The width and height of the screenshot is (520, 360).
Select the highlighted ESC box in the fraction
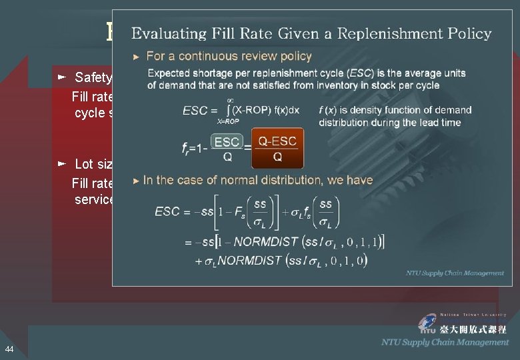227,141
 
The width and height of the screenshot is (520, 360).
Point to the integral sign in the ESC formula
230,109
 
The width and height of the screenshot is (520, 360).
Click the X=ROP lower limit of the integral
228,122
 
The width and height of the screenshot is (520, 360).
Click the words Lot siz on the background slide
93,164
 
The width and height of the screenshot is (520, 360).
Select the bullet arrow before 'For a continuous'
137,57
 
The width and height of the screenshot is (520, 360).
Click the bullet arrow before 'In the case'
137,180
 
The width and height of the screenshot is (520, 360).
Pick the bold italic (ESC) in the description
355,73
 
